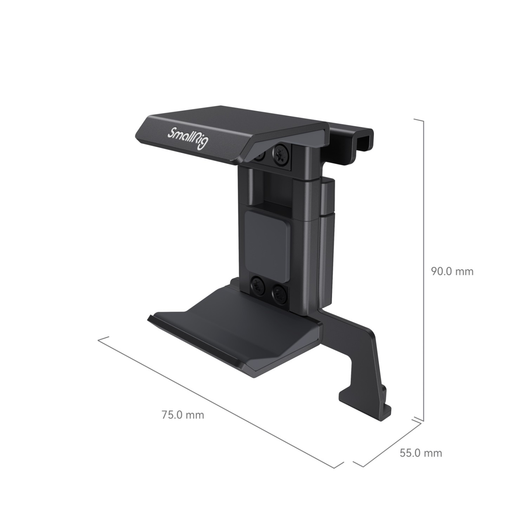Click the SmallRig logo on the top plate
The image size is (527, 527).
(x=188, y=138)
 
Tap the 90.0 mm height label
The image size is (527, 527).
(x=452, y=271)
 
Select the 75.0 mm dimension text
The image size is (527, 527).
(x=183, y=415)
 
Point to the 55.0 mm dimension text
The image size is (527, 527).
(x=421, y=453)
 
